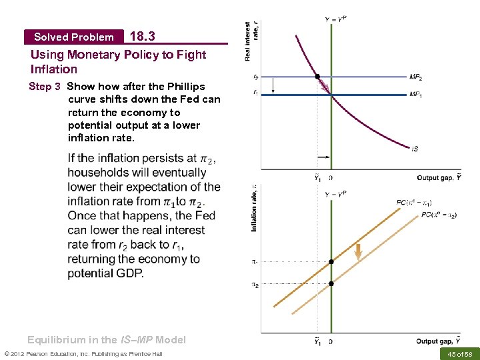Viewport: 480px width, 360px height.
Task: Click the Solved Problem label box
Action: click(73, 37)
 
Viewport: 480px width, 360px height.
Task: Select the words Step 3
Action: click(45, 87)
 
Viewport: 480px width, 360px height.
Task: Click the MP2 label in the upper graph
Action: click(416, 78)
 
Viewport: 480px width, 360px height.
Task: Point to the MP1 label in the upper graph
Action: click(416, 95)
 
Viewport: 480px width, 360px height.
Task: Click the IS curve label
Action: click(415, 149)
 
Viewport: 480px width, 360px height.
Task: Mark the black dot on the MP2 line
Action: click(317, 77)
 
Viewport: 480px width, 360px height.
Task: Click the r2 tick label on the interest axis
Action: click(256, 77)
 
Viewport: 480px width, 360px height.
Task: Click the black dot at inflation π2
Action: click(331, 284)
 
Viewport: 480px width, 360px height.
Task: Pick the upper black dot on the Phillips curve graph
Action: click(331, 262)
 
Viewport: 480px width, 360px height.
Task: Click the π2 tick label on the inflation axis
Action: click(255, 285)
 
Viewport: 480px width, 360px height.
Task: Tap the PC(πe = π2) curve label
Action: click(439, 215)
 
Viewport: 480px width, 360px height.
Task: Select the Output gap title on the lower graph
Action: click(439, 341)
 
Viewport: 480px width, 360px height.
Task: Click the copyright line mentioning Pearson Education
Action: click(83, 353)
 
